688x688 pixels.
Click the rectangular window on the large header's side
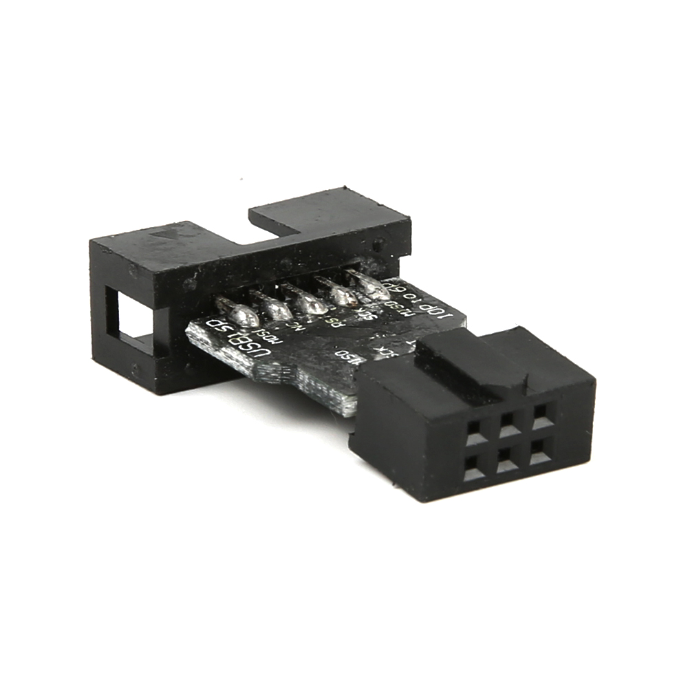click(130, 320)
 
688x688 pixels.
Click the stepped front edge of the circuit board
click(303, 385)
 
